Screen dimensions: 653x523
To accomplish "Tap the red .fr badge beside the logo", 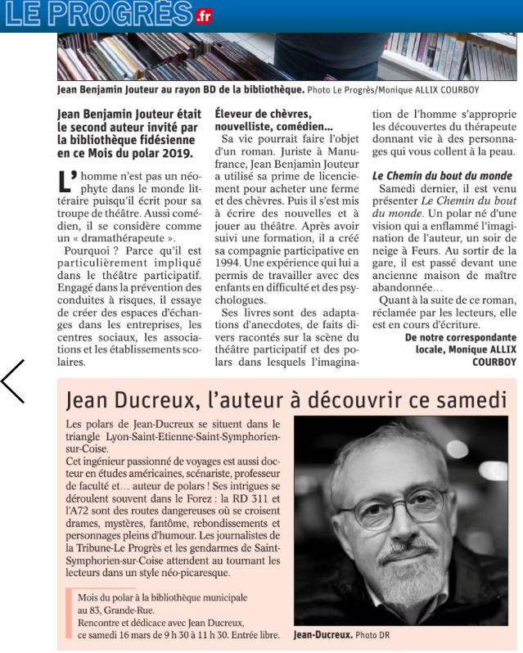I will [x=203, y=16].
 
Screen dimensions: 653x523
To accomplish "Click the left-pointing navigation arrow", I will [x=13, y=381].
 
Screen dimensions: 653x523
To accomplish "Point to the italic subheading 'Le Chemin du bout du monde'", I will [x=442, y=176].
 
